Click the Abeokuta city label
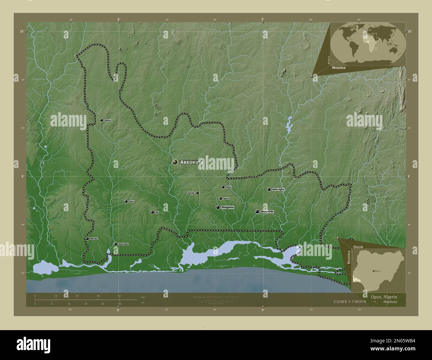coord(191,162)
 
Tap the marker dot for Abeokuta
coord(175,162)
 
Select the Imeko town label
coord(107,120)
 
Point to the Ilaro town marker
coord(126,202)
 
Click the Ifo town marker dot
coord(152,212)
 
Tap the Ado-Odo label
coord(123,244)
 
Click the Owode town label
coord(191,193)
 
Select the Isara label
coord(228,187)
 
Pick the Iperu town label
coord(226,199)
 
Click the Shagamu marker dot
coord(218,208)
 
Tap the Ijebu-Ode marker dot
coord(257,212)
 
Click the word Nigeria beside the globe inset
coord(338,67)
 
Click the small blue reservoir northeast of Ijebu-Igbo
coord(289,125)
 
